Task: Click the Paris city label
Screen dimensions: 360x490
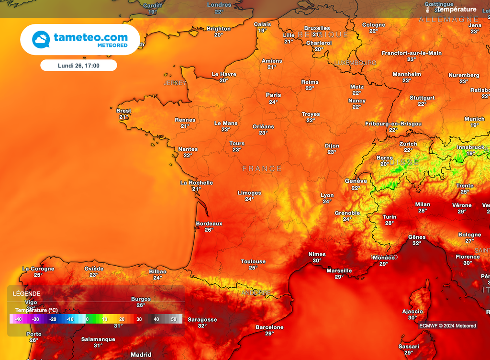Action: tap(273, 95)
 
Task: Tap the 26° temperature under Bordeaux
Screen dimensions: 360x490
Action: tap(209, 230)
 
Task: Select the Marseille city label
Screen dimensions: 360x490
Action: tap(339, 270)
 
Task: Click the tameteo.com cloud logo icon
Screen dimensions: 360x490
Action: tap(41, 40)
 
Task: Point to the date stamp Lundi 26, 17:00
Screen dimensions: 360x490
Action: tap(78, 65)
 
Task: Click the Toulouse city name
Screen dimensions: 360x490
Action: tap(253, 261)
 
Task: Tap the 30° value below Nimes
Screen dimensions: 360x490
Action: tap(317, 261)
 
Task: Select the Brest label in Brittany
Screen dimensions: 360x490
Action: tap(123, 111)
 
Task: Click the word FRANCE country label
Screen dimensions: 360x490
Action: tap(262, 169)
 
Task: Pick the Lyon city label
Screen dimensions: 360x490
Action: tap(327, 195)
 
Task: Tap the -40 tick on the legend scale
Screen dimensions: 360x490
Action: tap(18, 319)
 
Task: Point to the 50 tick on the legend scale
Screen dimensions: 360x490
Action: tap(174, 319)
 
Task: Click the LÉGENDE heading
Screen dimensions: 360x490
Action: tap(27, 293)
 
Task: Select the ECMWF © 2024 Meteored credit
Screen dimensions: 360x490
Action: tap(447, 326)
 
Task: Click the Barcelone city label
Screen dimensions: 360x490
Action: tap(269, 327)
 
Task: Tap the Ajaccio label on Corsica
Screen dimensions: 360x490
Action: tap(412, 311)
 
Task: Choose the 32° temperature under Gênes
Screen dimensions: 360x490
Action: tap(417, 243)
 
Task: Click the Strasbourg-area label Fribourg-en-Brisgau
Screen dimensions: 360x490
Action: tap(393, 124)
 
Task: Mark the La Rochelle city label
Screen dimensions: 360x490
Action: tap(196, 182)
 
